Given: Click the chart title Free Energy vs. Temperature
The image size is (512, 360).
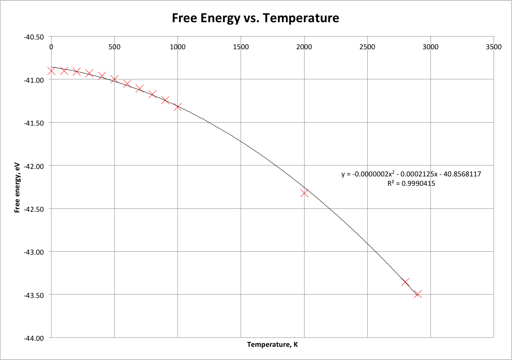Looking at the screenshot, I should [255, 18].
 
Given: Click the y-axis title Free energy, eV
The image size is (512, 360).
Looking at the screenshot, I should [17, 188].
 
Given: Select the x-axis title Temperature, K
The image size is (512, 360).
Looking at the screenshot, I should [272, 345].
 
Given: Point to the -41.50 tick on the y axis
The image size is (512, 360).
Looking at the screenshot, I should [34, 123].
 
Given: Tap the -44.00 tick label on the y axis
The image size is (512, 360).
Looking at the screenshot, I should [34, 338].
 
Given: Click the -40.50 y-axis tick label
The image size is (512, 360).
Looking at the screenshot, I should [34, 37].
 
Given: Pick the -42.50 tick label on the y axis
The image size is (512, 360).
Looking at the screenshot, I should [34, 209].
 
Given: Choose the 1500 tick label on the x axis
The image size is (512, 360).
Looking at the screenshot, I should [241, 47].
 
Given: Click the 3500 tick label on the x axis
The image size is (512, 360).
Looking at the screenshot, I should [494, 47].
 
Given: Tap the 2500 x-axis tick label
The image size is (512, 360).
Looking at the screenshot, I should [367, 47].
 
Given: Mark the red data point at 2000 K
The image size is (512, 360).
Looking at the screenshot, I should [304, 193].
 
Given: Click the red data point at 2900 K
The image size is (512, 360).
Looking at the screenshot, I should [418, 294].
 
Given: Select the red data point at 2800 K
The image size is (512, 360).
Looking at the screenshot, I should [405, 282].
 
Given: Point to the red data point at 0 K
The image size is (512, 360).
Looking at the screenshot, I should [52, 71].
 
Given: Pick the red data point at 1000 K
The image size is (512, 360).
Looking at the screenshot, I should [178, 107].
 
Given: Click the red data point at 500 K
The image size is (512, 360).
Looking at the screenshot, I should [115, 79].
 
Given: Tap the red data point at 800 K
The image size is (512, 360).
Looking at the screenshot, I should [152, 94].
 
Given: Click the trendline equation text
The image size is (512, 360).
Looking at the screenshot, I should [411, 174].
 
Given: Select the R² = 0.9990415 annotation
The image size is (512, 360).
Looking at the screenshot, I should [411, 184].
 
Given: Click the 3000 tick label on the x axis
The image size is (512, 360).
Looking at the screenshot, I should [430, 47].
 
